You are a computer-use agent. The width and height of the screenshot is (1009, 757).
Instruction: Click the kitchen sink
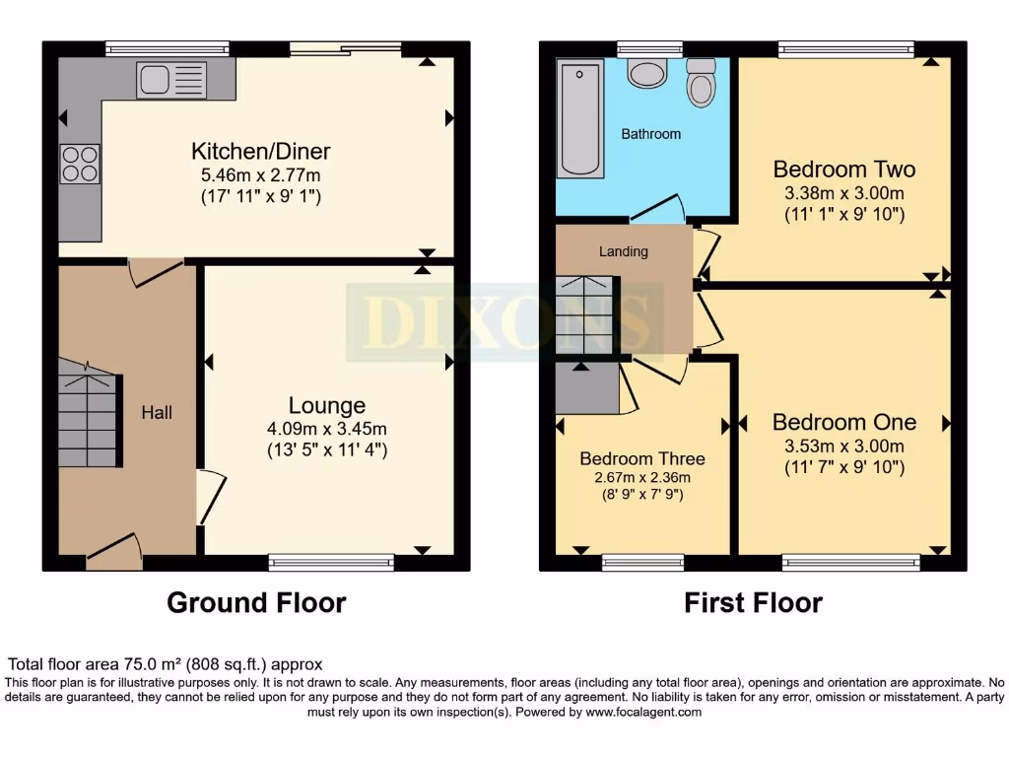click(x=172, y=80)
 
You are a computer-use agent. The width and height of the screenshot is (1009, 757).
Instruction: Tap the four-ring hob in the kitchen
click(x=80, y=164)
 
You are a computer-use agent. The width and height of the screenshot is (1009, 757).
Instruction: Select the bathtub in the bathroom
click(x=578, y=118)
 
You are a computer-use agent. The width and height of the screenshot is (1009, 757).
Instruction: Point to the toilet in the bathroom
click(x=701, y=83)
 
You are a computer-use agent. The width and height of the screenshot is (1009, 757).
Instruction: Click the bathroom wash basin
click(x=647, y=73)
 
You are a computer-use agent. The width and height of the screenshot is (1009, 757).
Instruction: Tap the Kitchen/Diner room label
click(x=260, y=151)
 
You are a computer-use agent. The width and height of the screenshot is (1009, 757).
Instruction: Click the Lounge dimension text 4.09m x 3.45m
click(x=326, y=429)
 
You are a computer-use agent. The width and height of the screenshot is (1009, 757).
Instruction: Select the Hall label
click(x=157, y=412)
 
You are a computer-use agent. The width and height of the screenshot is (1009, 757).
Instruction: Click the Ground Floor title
click(x=256, y=602)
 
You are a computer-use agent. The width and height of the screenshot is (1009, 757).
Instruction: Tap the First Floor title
click(x=753, y=602)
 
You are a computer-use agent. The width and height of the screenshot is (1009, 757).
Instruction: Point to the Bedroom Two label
click(x=843, y=169)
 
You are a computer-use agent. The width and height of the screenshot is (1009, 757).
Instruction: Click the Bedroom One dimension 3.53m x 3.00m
click(x=843, y=446)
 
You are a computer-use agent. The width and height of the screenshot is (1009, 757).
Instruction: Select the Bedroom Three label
click(x=641, y=458)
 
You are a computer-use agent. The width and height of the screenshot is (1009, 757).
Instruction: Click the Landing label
click(x=624, y=251)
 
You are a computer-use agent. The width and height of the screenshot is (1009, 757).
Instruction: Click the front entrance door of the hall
click(x=113, y=549)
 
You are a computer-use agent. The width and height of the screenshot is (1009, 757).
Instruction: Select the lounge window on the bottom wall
click(x=331, y=563)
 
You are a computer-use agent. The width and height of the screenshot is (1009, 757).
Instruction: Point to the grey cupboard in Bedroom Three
click(x=586, y=389)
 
